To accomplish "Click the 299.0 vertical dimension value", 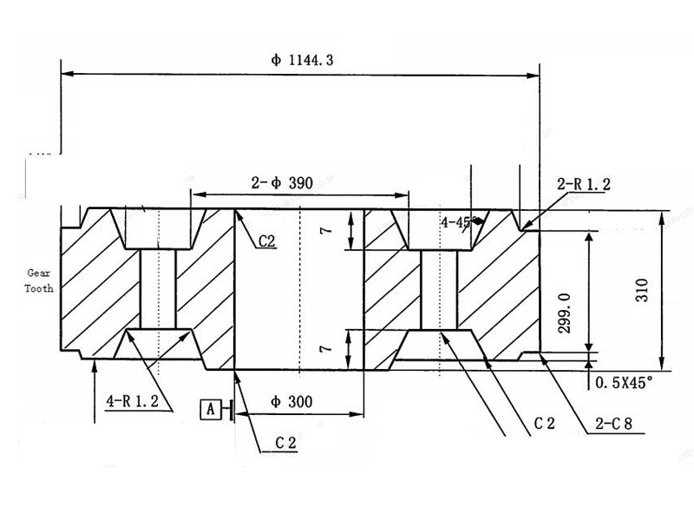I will coord(565,313).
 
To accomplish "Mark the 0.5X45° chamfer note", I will coord(624,380).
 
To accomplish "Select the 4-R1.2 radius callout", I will coord(133,401).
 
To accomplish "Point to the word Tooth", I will coord(39,288).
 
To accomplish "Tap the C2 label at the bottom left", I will coord(286,443).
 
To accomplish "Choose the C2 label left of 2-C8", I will coord(544,423).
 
